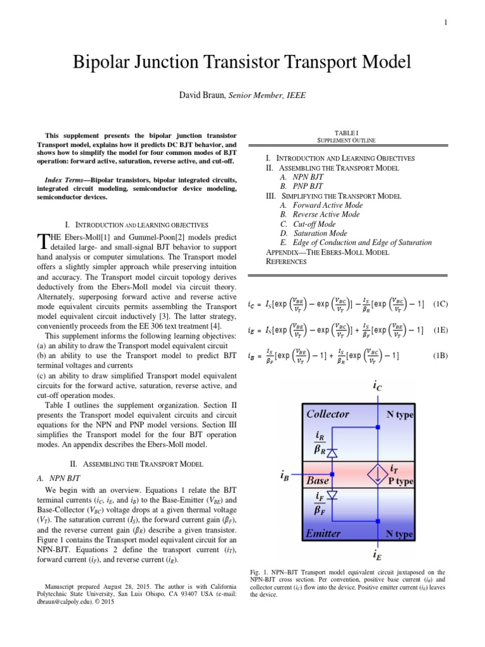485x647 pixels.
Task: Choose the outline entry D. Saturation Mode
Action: click(x=314, y=233)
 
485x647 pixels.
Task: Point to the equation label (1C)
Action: click(x=440, y=303)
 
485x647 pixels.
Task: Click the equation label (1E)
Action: click(x=440, y=330)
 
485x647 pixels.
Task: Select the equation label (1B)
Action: click(x=440, y=356)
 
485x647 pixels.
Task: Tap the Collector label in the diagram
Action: click(x=327, y=414)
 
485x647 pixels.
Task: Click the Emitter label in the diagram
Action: click(x=324, y=533)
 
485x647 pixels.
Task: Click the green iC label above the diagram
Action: click(x=378, y=385)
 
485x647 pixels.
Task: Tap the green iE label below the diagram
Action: click(x=378, y=556)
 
